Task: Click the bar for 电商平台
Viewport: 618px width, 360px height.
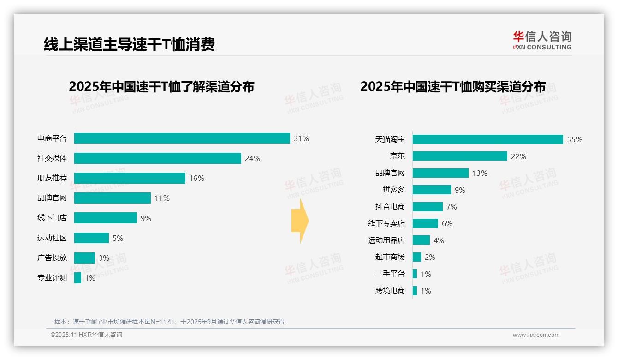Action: [x=182, y=138]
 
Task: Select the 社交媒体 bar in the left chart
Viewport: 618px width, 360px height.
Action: [x=157, y=158]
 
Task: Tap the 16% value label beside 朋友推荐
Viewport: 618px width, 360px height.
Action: [x=196, y=178]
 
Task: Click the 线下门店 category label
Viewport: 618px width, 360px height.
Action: [x=52, y=218]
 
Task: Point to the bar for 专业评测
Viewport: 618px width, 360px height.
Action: [x=77, y=278]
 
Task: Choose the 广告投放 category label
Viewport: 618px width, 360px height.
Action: [x=52, y=258]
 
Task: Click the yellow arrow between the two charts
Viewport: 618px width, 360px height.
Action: [x=300, y=221]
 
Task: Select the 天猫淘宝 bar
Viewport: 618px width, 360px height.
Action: [x=487, y=139]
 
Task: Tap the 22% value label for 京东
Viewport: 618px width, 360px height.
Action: [x=518, y=156]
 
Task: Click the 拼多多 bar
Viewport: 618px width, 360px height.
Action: [x=432, y=190]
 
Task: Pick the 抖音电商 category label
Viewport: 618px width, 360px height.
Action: [x=390, y=206]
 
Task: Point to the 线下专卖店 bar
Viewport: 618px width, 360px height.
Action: [x=425, y=223]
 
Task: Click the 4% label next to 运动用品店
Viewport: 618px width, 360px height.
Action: [x=439, y=240]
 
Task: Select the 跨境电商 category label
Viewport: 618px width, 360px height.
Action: [x=390, y=290]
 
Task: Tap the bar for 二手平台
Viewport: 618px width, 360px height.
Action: [x=415, y=274]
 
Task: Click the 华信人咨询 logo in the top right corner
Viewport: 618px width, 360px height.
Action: [x=542, y=40]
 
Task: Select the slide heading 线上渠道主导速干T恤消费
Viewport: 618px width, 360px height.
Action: [x=129, y=44]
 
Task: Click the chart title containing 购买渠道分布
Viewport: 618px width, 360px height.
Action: [x=452, y=87]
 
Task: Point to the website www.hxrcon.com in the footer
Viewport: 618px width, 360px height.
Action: [x=536, y=335]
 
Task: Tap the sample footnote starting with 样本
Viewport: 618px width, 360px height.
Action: [x=169, y=322]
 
